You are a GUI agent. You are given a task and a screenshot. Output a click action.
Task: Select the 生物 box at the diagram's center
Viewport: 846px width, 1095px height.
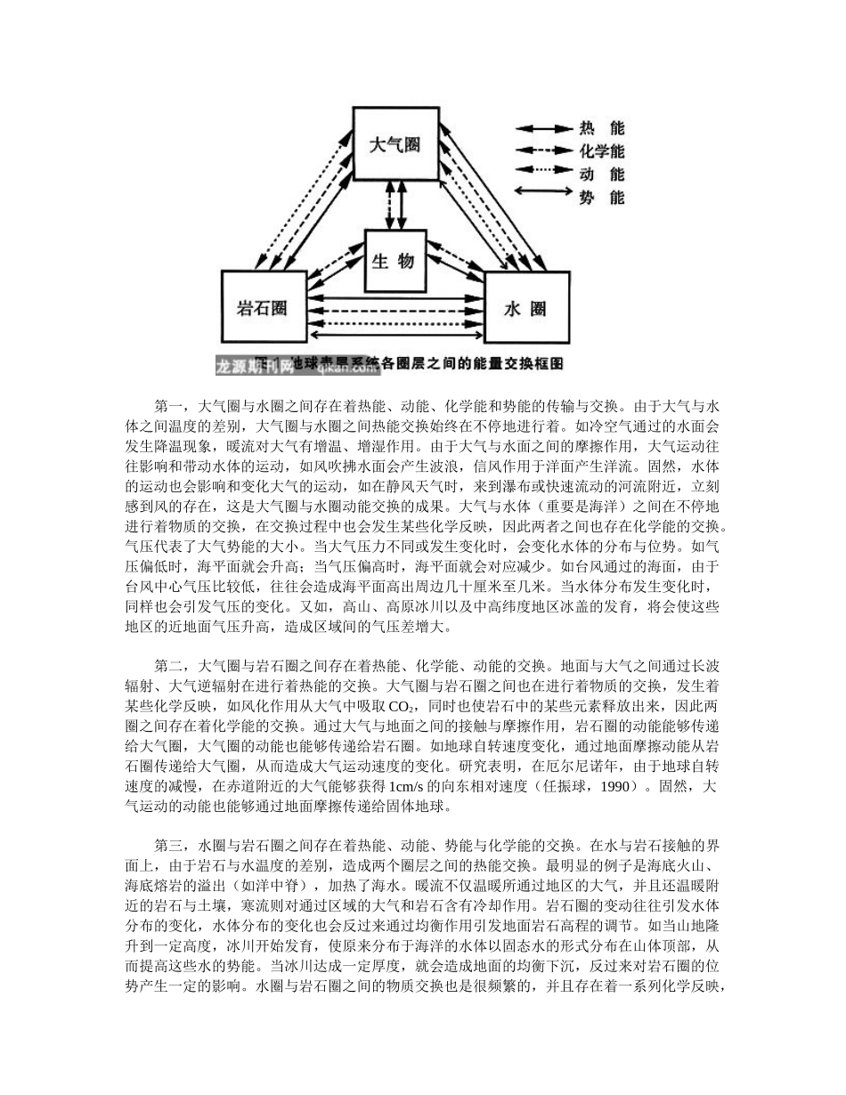396,261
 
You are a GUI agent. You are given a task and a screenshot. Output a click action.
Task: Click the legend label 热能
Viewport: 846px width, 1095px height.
602,130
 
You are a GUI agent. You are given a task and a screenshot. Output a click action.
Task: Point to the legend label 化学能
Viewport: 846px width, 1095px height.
602,151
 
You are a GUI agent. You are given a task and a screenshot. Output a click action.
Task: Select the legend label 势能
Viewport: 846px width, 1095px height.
602,196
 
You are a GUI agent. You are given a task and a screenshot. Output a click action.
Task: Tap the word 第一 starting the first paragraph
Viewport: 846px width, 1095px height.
168,405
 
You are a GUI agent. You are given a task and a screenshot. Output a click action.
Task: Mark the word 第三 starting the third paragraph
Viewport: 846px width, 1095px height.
168,839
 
